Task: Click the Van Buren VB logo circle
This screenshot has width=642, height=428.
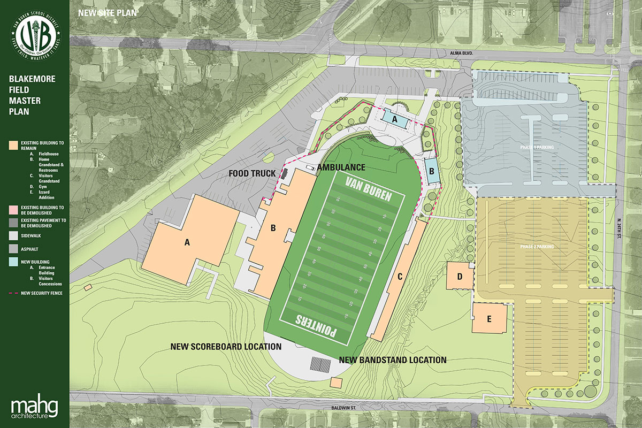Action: [35, 36]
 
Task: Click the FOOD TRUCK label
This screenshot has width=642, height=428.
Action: [252, 173]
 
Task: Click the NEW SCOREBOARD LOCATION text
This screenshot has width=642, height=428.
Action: [226, 347]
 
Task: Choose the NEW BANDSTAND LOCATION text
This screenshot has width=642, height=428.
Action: [393, 360]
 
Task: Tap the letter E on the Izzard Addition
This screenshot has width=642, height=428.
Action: [488, 318]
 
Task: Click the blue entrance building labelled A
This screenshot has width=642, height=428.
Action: [395, 120]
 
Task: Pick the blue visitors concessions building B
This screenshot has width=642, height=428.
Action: [431, 171]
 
